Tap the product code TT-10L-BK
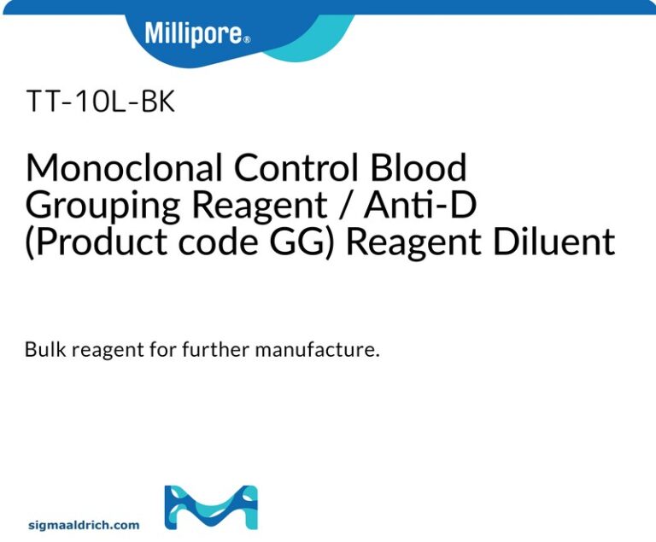point(101,102)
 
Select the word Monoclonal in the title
point(125,168)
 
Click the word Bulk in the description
point(44,351)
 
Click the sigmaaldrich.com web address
point(84,525)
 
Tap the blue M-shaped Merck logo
point(210,507)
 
